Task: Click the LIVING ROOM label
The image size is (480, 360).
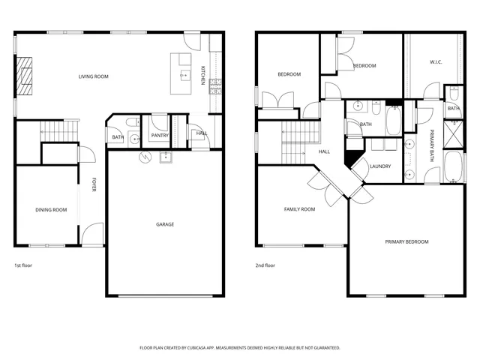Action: pos(94,76)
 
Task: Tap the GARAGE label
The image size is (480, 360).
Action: pos(165,224)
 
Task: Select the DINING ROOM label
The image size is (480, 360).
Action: pos(51,210)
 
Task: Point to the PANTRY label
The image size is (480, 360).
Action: pos(159,136)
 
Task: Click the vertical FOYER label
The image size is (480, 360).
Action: pos(94,184)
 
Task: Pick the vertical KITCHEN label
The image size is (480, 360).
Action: pos(202,75)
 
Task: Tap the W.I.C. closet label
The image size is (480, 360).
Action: pos(436,62)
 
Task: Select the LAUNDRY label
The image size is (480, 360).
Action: pos(380,166)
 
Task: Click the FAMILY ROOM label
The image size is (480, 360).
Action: pos(299,209)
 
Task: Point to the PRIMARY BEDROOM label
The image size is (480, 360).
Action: pos(406,241)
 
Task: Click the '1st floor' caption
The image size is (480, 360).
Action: pos(23,265)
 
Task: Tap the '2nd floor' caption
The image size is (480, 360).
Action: pos(265,265)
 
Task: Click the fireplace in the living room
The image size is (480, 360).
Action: pos(25,76)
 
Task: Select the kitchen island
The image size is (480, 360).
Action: pos(181,73)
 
